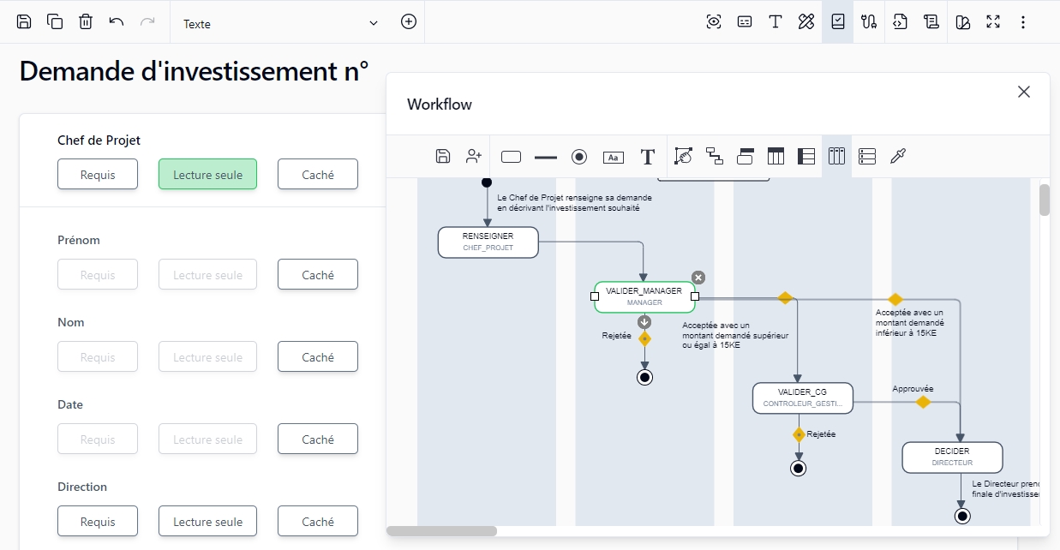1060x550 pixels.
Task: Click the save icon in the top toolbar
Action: click(x=24, y=22)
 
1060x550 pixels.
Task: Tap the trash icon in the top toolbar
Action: click(x=86, y=22)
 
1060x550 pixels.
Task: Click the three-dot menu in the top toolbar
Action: click(x=1023, y=22)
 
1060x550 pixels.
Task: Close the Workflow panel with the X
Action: click(x=1023, y=92)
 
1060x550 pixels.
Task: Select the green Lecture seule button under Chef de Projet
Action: click(x=207, y=174)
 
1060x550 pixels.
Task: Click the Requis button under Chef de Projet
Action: click(x=98, y=174)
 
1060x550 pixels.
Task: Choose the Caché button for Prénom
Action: click(x=317, y=274)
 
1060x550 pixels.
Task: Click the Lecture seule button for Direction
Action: click(x=207, y=521)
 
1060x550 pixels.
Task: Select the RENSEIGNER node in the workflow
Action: click(x=488, y=242)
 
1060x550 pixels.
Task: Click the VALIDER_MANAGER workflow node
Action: click(x=644, y=296)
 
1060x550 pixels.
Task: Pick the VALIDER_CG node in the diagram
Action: click(x=803, y=398)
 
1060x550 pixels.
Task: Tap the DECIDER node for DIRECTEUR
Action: click(x=952, y=457)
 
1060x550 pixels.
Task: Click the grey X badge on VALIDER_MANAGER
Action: click(x=698, y=277)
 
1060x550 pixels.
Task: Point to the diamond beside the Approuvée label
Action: click(x=923, y=402)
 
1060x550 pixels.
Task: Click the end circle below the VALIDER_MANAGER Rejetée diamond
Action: click(x=644, y=377)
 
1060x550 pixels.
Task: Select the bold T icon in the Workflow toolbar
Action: click(x=648, y=157)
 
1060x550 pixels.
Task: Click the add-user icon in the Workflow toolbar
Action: click(x=473, y=156)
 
